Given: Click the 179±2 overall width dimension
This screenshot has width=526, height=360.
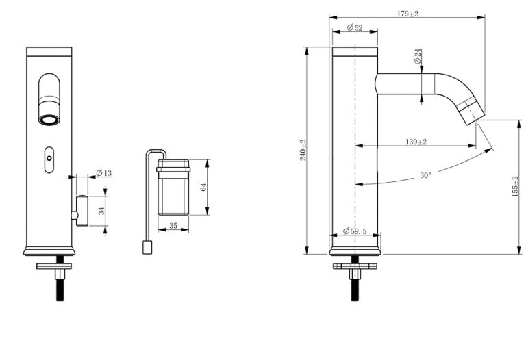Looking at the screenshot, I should (x=408, y=14).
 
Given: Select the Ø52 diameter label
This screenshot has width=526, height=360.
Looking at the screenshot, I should (x=354, y=28).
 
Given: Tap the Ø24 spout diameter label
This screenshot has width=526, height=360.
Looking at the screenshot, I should (x=418, y=57).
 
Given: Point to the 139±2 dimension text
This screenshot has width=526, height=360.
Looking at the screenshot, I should (x=416, y=142).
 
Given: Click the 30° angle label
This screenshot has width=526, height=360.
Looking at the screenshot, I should (x=425, y=175).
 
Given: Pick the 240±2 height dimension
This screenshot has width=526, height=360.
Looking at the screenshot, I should (x=303, y=150).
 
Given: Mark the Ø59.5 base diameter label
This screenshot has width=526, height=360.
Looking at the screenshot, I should (x=355, y=231).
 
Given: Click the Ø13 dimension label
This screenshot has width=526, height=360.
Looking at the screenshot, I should (x=104, y=172).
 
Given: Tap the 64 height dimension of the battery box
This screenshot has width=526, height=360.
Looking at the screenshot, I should (x=203, y=187).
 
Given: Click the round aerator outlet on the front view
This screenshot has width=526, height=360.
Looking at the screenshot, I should (x=49, y=120).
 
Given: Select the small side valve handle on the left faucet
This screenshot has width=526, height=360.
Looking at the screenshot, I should (x=82, y=210).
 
